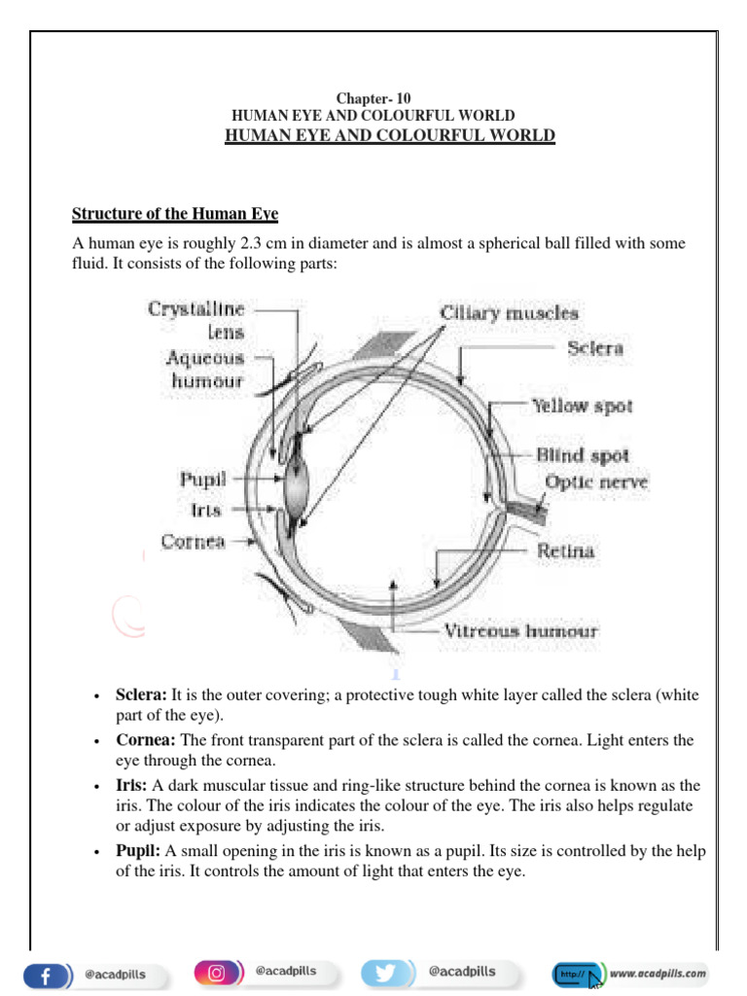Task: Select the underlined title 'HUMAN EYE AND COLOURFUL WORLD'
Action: click(390, 135)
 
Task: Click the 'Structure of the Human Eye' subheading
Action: click(176, 213)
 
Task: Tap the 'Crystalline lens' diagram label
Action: click(196, 319)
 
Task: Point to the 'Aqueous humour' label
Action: click(204, 370)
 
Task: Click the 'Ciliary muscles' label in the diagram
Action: click(509, 313)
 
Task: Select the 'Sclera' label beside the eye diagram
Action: click(595, 347)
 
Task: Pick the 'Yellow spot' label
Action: click(582, 406)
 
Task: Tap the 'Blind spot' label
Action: click(583, 454)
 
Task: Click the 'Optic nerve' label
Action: click(596, 481)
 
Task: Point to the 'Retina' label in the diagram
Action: click(566, 551)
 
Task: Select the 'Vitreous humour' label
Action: click(521, 630)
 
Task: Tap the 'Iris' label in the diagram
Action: click(206, 510)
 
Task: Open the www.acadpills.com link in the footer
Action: click(659, 973)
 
